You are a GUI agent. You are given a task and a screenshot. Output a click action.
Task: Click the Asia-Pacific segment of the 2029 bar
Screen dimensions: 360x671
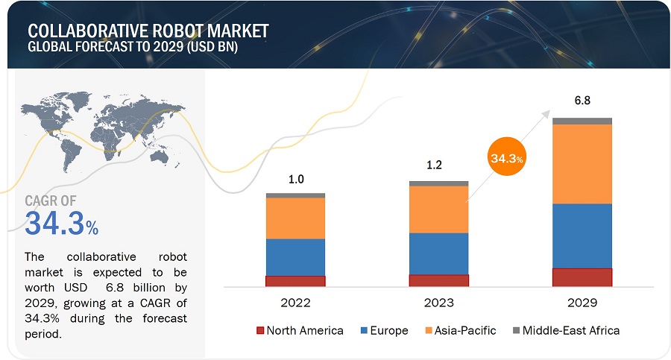pos(582,163)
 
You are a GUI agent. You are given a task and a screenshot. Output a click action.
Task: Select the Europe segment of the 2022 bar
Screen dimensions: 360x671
pos(295,257)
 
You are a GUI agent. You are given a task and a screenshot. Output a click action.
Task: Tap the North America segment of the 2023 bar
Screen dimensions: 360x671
pos(438,280)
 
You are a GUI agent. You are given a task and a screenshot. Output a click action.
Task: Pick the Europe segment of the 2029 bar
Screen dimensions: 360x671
pos(582,236)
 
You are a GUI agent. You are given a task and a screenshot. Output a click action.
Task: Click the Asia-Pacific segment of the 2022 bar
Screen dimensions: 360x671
pos(295,218)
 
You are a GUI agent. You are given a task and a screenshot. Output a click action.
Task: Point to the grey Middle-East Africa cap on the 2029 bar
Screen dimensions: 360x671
pos(582,121)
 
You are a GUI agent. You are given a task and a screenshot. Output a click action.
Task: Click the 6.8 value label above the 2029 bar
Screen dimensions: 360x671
pos(582,100)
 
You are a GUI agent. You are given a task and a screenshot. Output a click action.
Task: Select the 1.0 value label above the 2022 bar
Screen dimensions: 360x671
pos(295,179)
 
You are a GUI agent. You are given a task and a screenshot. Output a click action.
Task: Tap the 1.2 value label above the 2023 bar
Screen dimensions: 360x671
pos(434,165)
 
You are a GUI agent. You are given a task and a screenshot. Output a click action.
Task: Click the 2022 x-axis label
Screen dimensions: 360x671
pos(296,303)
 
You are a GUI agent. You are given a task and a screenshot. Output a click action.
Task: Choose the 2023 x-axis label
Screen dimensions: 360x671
pos(438,303)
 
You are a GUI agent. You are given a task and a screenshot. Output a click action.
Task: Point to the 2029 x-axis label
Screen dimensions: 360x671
pos(582,303)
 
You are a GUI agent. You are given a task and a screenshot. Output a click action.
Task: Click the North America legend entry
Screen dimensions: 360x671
pos(304,330)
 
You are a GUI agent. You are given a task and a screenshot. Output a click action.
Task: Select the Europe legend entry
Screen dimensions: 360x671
pos(388,330)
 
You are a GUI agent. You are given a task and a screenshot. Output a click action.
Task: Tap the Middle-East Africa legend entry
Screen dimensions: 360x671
pos(570,330)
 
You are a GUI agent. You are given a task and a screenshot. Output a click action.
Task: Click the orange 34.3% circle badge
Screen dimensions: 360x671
pos(506,158)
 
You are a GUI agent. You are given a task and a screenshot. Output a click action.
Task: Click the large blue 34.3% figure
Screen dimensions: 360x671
pos(61,223)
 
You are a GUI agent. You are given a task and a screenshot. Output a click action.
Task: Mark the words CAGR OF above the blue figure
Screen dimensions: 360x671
pos(50,200)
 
